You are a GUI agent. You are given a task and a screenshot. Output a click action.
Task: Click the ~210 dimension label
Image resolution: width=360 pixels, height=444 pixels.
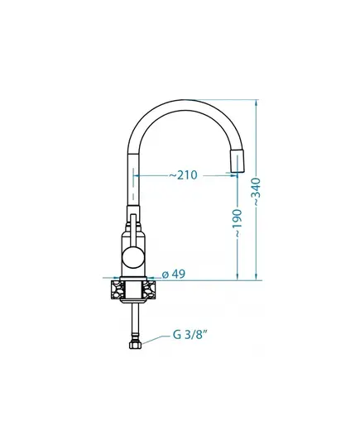click(183, 175)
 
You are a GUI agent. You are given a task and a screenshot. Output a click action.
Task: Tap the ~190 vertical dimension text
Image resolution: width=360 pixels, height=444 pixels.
click(237, 223)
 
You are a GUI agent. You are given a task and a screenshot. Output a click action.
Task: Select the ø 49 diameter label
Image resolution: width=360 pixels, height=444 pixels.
click(174, 274)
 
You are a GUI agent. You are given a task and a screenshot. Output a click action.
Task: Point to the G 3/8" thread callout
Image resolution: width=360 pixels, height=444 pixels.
click(189, 335)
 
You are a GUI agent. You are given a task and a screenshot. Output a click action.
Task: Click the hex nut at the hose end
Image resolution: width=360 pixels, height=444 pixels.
click(135, 345)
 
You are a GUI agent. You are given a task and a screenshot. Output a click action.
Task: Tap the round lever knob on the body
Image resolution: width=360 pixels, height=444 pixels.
click(132, 256)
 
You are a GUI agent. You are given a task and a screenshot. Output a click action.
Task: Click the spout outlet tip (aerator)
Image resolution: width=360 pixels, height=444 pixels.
click(237, 161)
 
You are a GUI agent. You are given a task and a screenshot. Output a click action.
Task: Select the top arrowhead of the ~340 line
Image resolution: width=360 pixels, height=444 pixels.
click(257, 103)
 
